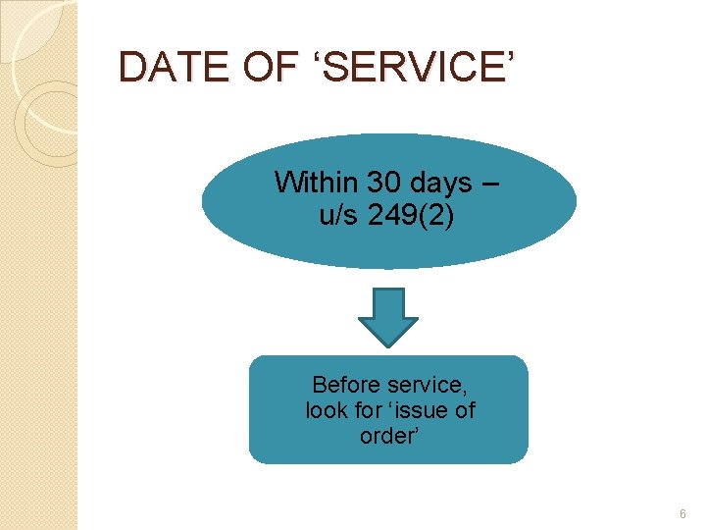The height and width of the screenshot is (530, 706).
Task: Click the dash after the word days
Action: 490,184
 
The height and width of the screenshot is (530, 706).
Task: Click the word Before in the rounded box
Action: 345,384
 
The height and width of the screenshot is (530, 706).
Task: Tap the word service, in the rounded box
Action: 426,385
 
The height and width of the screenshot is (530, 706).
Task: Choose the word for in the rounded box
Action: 374,410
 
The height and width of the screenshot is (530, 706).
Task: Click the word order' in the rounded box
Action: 388,436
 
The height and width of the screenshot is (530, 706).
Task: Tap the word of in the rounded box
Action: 465,410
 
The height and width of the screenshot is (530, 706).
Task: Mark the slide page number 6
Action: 682,513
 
